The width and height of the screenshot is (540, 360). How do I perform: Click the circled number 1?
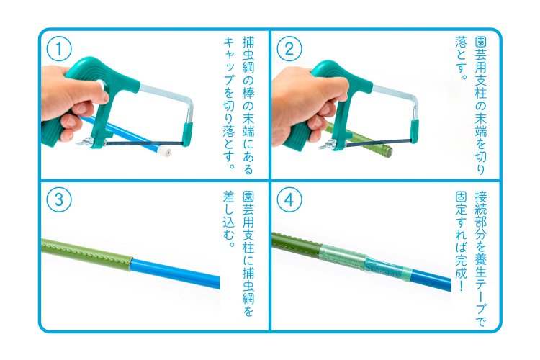point(59,49)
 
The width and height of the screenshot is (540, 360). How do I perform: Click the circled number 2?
point(289,49)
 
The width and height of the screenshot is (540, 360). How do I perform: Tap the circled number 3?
point(59,200)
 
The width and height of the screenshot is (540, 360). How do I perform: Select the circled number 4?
point(289,200)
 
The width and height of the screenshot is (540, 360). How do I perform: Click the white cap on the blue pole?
point(166,152)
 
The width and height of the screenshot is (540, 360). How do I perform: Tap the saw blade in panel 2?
point(378,143)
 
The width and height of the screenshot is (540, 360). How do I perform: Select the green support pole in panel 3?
point(86,254)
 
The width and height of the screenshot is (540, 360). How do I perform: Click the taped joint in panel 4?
point(365,262)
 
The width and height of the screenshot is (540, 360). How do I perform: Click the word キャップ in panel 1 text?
point(229,63)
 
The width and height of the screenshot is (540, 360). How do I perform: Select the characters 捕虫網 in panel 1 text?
point(248,55)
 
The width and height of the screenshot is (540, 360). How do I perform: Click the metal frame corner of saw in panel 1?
point(189,103)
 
